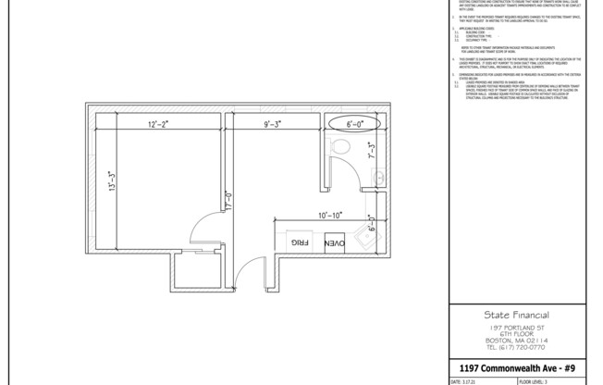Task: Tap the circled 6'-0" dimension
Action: pos(355,123)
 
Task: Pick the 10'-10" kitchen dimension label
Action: pos(330,215)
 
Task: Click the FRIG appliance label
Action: pos(300,242)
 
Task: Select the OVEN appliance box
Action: pos(334,242)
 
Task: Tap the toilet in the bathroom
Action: pos(338,145)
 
